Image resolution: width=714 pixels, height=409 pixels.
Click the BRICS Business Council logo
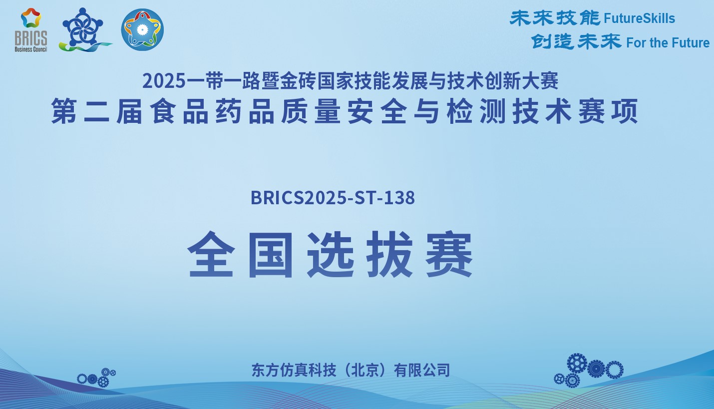(x=31, y=30)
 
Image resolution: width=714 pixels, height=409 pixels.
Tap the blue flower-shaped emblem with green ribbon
(x=84, y=30)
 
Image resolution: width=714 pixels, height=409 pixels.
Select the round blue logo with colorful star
(x=142, y=29)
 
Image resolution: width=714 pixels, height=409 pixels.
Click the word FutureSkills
(x=640, y=18)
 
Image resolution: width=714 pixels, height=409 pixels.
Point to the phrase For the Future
(x=668, y=43)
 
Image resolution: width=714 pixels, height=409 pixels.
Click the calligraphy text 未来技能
(x=555, y=18)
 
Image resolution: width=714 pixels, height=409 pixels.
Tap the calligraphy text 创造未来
(x=576, y=42)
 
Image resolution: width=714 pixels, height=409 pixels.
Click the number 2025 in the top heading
(x=164, y=81)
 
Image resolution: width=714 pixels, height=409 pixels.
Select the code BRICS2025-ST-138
(x=333, y=198)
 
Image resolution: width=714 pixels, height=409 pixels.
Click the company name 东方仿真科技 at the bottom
(x=294, y=370)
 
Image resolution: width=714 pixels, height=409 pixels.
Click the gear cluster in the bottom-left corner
(x=96, y=378)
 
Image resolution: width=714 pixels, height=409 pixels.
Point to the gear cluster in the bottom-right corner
(x=588, y=370)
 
